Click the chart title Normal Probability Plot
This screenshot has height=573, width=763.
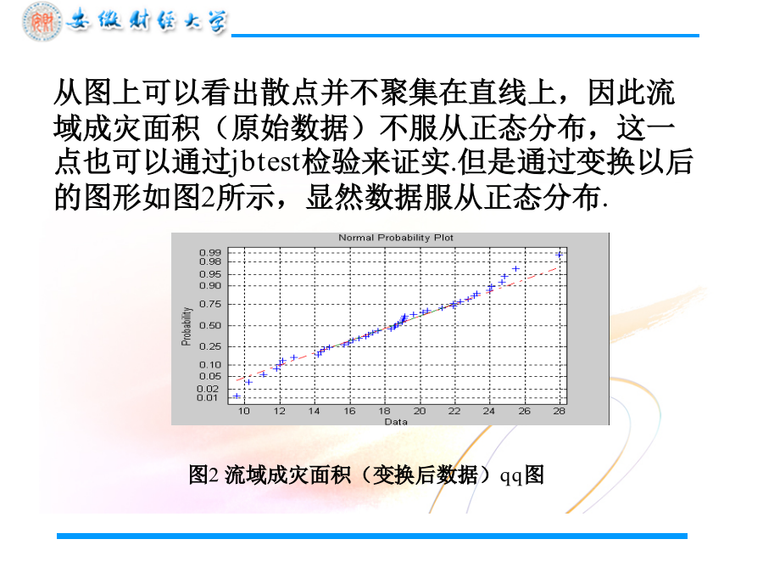[x=396, y=238]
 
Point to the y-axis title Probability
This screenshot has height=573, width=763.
[x=186, y=326]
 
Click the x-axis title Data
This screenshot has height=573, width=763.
[x=396, y=421]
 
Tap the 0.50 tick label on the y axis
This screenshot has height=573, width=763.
[x=210, y=325]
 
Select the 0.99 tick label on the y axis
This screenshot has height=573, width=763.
[x=210, y=252]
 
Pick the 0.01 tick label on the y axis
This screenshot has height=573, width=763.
[x=208, y=397]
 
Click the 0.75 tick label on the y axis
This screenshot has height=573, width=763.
[x=210, y=304]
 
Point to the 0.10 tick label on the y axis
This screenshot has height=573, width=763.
[x=210, y=364]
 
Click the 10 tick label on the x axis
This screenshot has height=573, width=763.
[x=244, y=411]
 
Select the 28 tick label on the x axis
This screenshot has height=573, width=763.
[x=560, y=411]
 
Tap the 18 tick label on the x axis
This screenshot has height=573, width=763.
[x=384, y=411]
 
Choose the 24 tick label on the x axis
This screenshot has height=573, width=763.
[x=489, y=411]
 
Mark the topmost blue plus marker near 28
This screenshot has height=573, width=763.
[x=560, y=255]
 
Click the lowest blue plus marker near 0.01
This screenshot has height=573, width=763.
[x=237, y=396]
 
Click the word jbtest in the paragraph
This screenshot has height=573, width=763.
[x=265, y=163]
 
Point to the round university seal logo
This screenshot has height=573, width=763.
[x=42, y=21]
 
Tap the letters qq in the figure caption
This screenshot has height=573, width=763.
[x=511, y=476]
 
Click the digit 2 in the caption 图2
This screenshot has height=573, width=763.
[x=214, y=475]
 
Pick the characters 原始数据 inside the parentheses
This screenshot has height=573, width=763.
[x=290, y=129]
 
